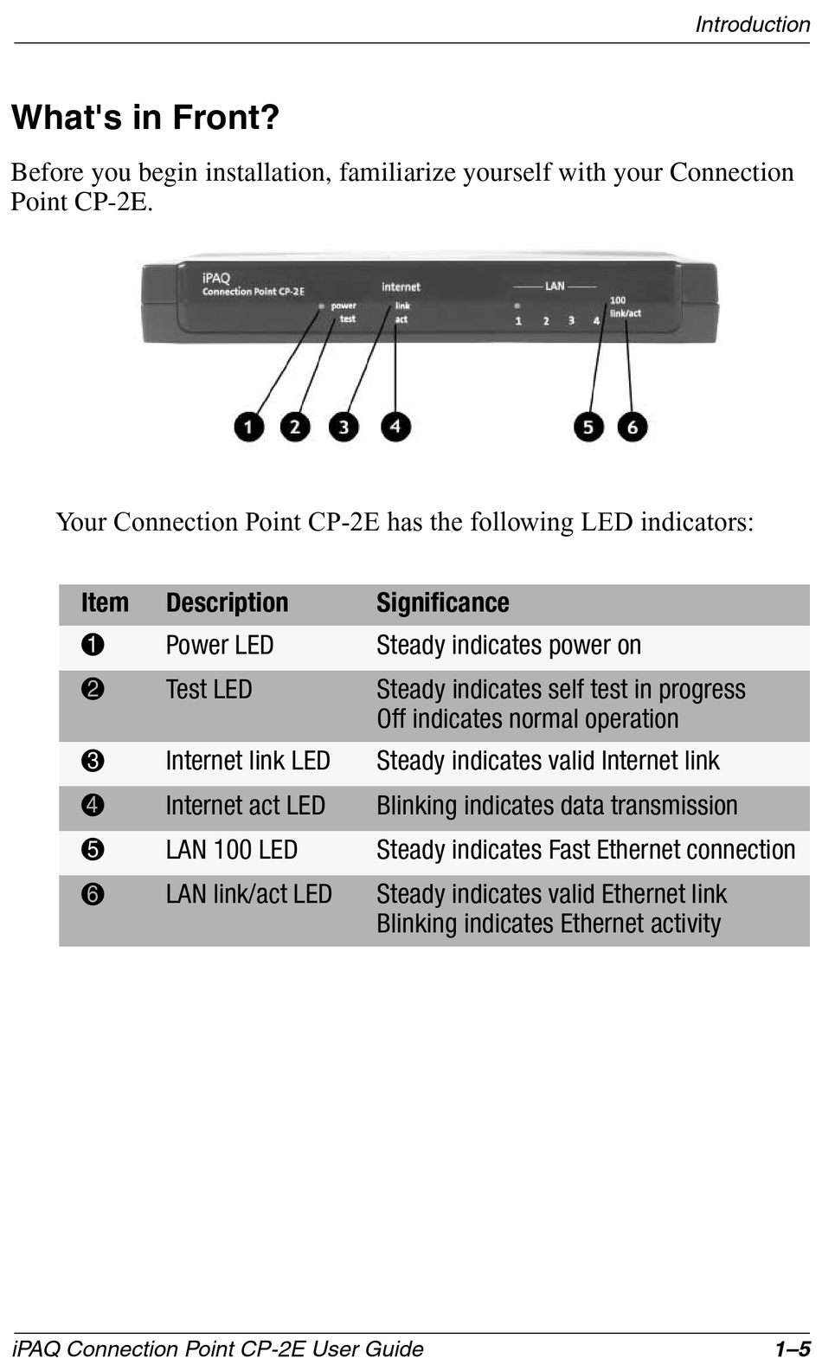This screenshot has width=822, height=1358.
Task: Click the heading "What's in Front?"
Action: coord(145,118)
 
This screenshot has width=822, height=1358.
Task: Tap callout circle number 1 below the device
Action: coord(248,427)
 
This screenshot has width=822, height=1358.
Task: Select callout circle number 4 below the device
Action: coord(395,426)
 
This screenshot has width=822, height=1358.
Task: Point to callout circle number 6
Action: coord(633,427)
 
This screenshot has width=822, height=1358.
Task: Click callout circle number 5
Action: coord(588,427)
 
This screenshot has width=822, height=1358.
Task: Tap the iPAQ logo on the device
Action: coord(216,278)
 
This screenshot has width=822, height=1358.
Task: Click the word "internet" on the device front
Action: coord(401,286)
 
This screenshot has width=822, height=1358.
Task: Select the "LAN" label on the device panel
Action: coord(555,286)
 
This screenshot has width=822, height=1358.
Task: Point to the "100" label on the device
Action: coord(618,300)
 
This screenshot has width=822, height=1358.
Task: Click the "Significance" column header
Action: coord(442,602)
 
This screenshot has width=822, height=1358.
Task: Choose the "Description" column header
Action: coord(227,602)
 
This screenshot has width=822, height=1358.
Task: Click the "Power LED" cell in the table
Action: coord(220,646)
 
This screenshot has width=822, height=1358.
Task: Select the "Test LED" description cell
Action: coord(209,690)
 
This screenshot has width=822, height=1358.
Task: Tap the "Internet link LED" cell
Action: coord(247,761)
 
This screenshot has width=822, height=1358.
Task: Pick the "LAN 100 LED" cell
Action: coord(231,850)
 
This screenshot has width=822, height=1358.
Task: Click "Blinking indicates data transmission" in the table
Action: coord(556,806)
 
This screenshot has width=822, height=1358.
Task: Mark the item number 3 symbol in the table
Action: coord(93,762)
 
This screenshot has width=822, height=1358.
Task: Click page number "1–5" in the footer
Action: coord(792,1348)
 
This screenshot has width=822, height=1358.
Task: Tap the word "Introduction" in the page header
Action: coord(752,24)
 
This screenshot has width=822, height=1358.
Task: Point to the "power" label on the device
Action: coord(344,306)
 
